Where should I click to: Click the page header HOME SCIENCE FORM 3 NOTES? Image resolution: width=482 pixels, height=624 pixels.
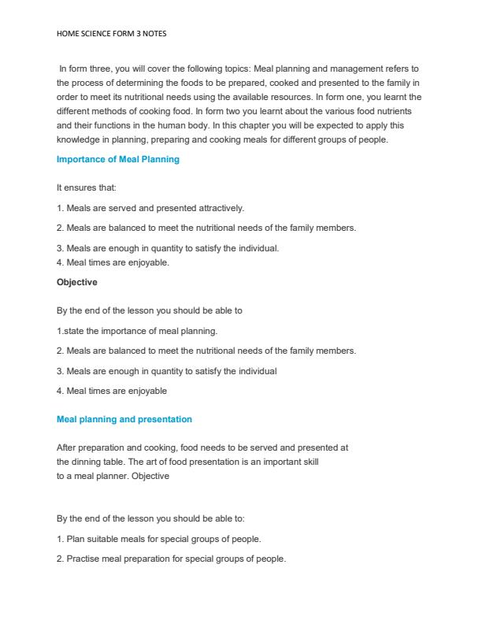click(x=112, y=34)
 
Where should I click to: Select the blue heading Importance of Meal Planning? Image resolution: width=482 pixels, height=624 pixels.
click(x=118, y=159)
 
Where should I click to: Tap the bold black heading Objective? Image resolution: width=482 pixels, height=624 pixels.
click(x=77, y=281)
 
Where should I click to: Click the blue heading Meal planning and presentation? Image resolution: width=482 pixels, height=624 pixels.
click(x=124, y=419)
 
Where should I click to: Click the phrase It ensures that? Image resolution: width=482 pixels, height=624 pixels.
click(x=87, y=188)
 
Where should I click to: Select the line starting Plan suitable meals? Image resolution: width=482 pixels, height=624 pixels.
click(x=158, y=539)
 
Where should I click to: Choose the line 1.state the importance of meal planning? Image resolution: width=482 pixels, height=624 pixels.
click(x=137, y=330)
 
